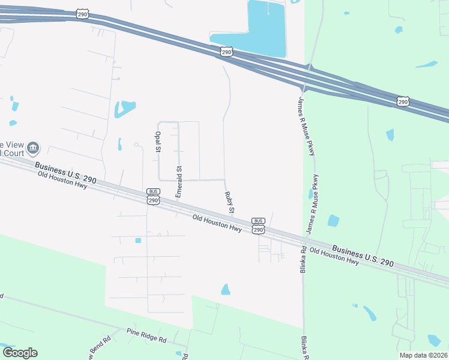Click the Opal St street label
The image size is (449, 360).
coord(158,142)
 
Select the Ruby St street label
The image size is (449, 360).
coord(229,203)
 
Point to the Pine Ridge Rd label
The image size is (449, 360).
coord(146,335)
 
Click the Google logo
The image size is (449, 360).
coord(20,353)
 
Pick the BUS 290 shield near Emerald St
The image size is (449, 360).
coord(153,197)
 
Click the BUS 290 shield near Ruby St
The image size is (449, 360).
coord(258,226)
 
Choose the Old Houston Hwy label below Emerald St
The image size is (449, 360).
coord(217,223)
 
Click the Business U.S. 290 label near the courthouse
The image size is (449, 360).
coord(65,173)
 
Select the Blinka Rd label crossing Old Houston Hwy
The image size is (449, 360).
coord(304,259)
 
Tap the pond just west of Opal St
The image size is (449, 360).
coord(119,145)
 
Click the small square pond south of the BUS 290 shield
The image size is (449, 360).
coord(138,241)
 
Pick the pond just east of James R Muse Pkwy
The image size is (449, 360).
coord(334,221)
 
